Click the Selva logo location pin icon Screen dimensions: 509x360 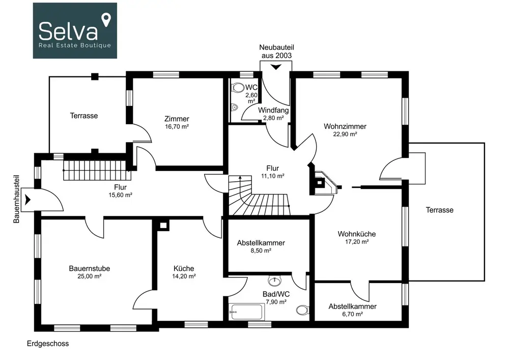click(x=106, y=20)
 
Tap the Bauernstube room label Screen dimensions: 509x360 click(x=89, y=268)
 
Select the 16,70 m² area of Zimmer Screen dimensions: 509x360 click(x=177, y=127)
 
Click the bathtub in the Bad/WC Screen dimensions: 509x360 click(x=246, y=312)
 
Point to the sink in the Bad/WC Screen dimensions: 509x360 click(x=275, y=281)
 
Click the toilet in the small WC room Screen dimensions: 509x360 click(x=238, y=88)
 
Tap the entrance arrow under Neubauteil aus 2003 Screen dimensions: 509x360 click(x=276, y=67)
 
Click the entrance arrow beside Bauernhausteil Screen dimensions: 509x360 click(x=27, y=200)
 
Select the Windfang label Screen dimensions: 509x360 click(x=273, y=110)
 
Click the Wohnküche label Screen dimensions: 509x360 click(x=357, y=234)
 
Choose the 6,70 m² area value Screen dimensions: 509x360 click(x=353, y=314)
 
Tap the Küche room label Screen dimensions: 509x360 click(x=184, y=268)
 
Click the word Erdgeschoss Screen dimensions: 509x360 click(x=48, y=344)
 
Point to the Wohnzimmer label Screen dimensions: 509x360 click(x=345, y=126)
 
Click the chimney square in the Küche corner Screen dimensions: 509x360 click(x=163, y=225)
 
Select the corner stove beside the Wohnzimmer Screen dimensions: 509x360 click(x=325, y=183)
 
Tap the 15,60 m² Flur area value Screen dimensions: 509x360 click(x=121, y=195)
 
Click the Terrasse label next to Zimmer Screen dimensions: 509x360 click(x=84, y=116)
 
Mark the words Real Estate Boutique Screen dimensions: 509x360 click(x=75, y=45)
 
